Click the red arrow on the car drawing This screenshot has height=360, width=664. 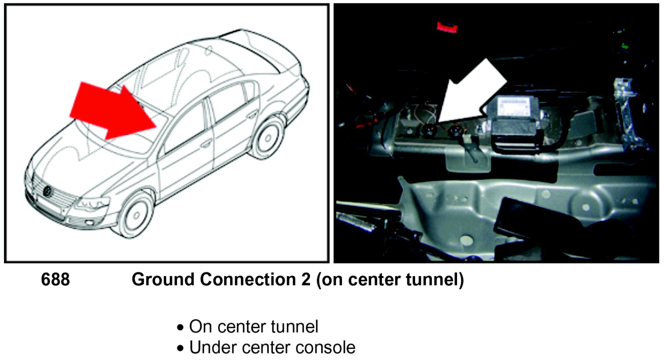point(110,110)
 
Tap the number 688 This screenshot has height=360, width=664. point(55,279)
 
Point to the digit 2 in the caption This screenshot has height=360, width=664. point(306,279)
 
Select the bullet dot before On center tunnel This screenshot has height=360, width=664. point(180,328)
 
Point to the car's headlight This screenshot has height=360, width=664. point(92,204)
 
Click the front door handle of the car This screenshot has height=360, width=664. point(206,144)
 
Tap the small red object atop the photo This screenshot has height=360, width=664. point(447,27)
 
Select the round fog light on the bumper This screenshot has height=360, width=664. point(89,224)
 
